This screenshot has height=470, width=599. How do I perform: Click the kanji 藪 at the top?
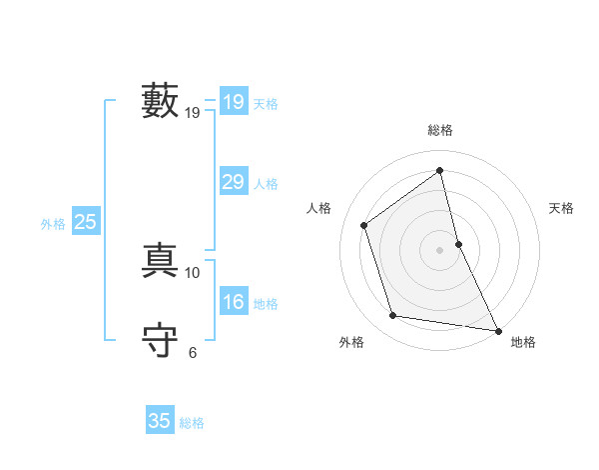[160, 101]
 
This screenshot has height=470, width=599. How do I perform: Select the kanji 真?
[160, 260]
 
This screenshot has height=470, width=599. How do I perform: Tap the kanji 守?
[160, 340]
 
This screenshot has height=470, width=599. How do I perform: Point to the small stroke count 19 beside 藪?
[193, 113]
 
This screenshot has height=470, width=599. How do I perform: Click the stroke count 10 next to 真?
[193, 272]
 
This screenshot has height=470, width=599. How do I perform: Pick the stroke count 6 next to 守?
[193, 352]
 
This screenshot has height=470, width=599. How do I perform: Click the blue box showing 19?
[234, 102]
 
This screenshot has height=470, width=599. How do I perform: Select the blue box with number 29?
[234, 182]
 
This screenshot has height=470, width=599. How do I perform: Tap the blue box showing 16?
[234, 302]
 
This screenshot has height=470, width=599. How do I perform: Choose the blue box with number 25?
[85, 223]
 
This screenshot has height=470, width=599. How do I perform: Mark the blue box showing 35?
[160, 421]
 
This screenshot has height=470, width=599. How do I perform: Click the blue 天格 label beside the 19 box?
[266, 104]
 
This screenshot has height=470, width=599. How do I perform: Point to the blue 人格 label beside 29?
[266, 184]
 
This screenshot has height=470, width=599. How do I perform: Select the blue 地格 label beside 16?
[266, 304]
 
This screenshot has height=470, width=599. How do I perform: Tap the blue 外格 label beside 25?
[53, 225]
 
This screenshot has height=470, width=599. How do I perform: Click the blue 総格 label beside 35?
[192, 423]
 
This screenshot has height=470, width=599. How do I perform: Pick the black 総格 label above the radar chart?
[440, 130]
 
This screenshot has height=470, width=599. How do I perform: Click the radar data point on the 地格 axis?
[497, 330]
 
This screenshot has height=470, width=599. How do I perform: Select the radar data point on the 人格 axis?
[364, 225]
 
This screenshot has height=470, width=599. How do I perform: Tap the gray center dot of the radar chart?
[440, 249]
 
